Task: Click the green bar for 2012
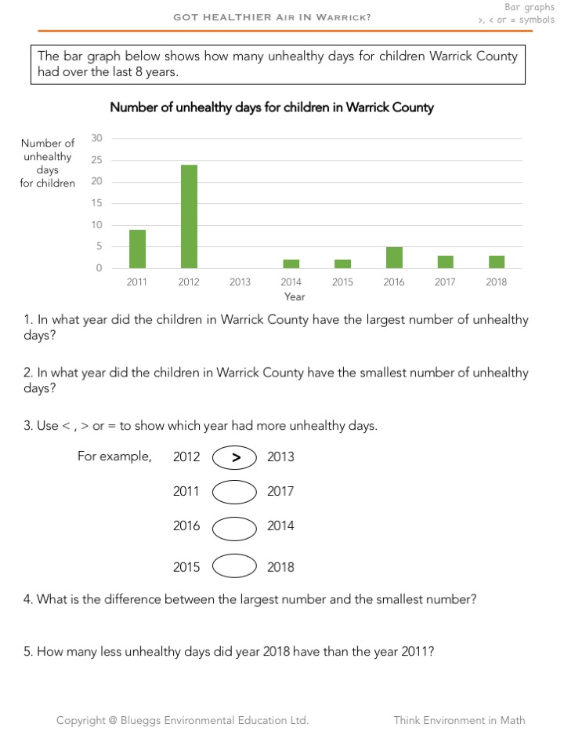pos(189,216)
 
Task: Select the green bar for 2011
pos(137,249)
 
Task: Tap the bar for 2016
pos(394,257)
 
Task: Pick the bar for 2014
pos(291,264)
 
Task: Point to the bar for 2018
pos(497,262)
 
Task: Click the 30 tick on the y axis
pos(97,138)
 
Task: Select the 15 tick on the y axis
pos(97,203)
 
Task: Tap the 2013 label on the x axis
pos(240,282)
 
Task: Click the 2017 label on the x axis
pos(445,282)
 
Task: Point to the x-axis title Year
pos(295,297)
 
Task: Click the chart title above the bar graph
pos(271,107)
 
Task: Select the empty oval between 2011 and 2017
pos(234,492)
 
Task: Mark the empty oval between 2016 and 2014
pos(234,527)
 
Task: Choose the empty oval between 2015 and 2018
pos(234,566)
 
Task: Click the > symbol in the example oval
pos(235,457)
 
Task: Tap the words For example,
pos(114,456)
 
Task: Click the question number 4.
pos(28,599)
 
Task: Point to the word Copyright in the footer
pos(82,720)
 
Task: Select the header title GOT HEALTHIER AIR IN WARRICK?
pos(272,16)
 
